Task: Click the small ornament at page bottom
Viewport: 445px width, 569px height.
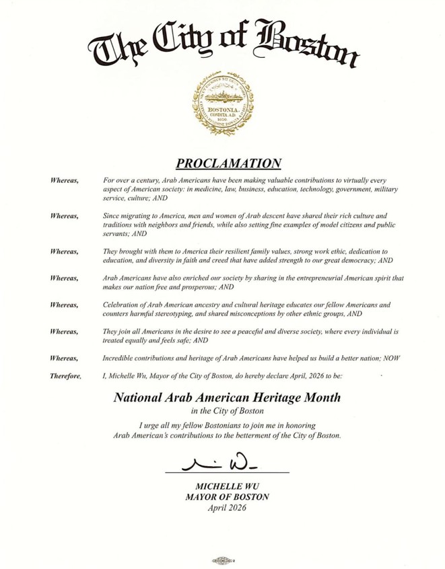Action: (x=223, y=559)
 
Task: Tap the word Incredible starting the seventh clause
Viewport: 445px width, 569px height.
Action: (x=120, y=358)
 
